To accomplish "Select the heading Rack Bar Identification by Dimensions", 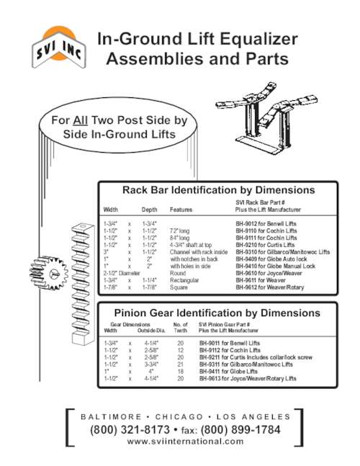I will tap(218, 190).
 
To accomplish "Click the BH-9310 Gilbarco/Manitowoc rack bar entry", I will tap(283, 253).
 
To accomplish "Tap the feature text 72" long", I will tap(180, 231).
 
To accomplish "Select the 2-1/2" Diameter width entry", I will tap(122, 274).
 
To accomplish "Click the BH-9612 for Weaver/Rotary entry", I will tap(269, 287).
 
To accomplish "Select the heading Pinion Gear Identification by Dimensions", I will tap(218, 313).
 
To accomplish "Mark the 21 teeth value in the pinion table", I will tap(181, 364).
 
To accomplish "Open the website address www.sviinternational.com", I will tap(184, 442).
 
